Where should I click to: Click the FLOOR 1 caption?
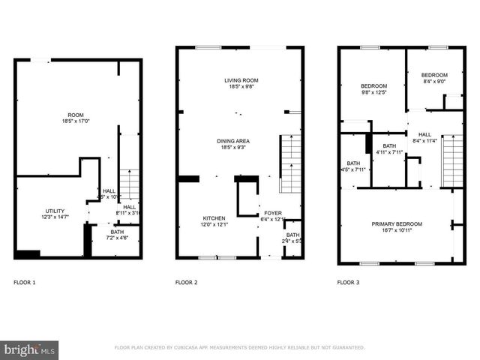point(25,283)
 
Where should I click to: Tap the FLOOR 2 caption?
point(186,283)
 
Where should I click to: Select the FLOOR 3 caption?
point(348,283)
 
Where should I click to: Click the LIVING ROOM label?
point(241,80)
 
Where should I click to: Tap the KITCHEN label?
point(213,218)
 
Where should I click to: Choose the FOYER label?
point(272,213)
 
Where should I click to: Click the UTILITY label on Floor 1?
point(55,211)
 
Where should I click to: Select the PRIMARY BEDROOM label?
point(397,224)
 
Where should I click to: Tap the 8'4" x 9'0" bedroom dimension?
point(433,82)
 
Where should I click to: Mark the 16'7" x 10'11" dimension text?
point(397,231)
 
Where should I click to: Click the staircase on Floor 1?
point(130,184)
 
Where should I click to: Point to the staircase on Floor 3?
point(452,160)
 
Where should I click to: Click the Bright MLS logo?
point(30,349)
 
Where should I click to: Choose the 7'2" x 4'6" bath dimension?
point(117,238)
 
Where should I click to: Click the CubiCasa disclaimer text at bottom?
point(239,348)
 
